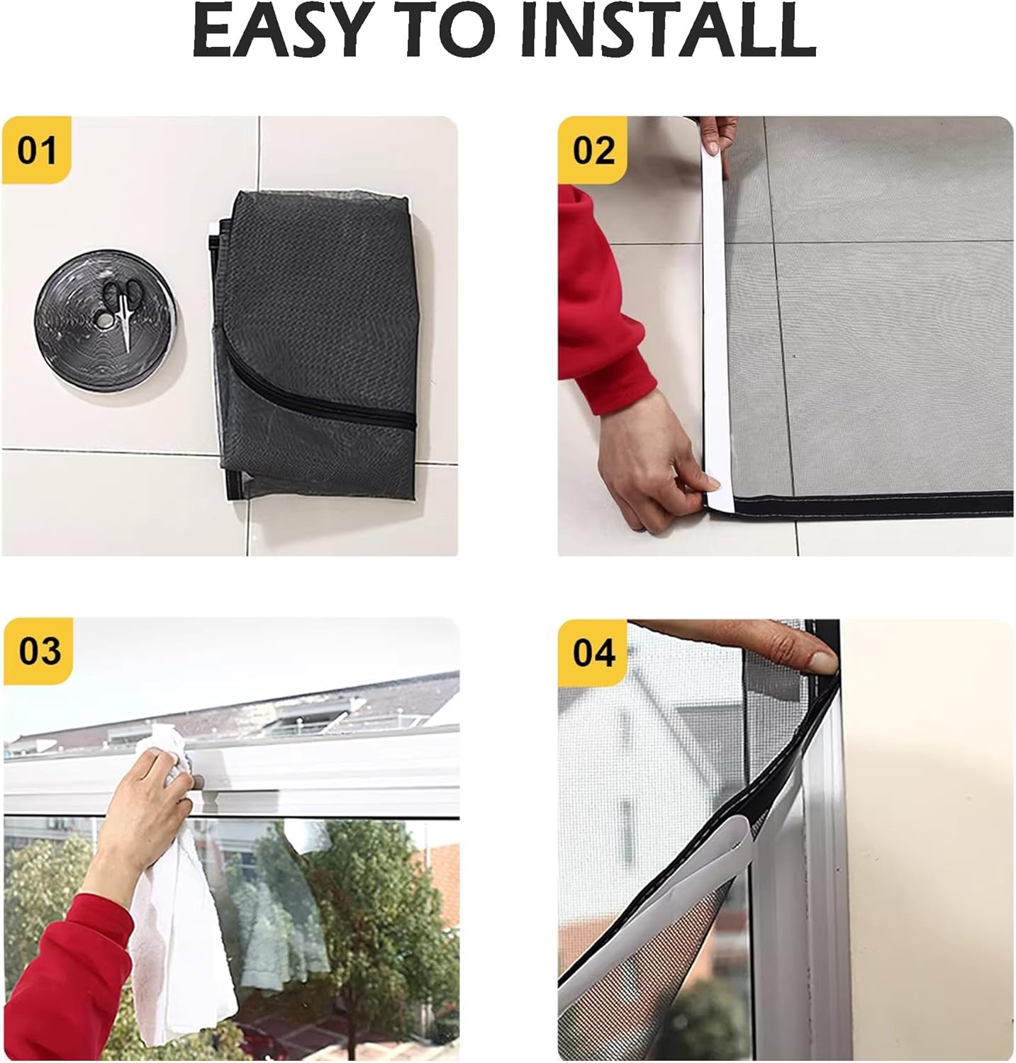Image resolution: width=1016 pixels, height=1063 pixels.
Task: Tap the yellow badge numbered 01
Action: point(37,150)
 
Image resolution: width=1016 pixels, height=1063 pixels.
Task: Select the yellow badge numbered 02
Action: point(593,150)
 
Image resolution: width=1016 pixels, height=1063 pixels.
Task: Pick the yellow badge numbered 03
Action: point(38,651)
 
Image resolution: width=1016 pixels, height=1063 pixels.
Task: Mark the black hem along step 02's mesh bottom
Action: point(872,506)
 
